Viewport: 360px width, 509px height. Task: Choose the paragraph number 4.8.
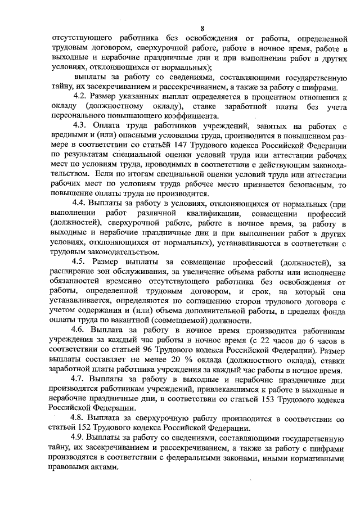(83, 418)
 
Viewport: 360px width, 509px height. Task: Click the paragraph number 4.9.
(83, 438)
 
